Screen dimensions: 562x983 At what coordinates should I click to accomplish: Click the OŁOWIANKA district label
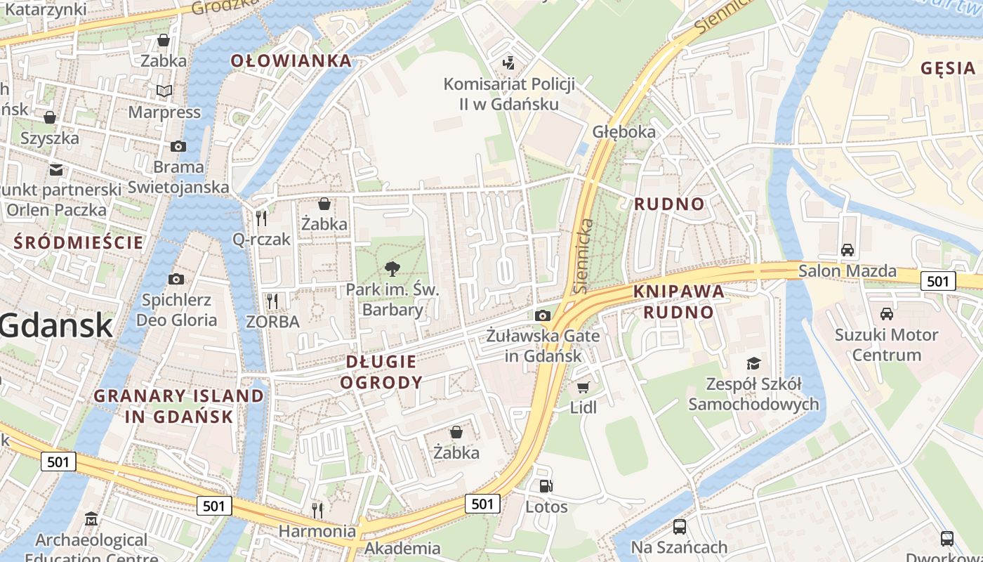click(291, 61)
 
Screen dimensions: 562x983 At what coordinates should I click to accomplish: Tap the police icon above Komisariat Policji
click(508, 63)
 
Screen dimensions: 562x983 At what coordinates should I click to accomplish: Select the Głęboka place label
click(624, 131)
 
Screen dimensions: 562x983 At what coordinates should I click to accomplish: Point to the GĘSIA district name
click(949, 68)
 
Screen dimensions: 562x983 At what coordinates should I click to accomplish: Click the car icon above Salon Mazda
click(847, 250)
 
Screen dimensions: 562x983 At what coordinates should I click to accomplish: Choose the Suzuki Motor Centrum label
click(886, 344)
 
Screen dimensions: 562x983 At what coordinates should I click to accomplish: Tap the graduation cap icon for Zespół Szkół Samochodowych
click(753, 363)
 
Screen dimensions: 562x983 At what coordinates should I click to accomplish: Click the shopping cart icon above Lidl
click(583, 387)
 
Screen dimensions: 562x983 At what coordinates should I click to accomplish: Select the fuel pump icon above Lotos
click(546, 486)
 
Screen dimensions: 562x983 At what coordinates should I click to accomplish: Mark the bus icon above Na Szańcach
click(679, 526)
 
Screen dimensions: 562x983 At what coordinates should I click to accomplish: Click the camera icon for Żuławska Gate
click(542, 315)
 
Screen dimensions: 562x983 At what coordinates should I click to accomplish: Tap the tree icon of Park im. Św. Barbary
click(392, 268)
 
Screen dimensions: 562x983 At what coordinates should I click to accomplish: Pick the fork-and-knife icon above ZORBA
click(272, 301)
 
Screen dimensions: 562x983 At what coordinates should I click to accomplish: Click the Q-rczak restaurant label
click(261, 240)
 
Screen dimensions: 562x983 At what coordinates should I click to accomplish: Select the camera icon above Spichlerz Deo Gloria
click(176, 280)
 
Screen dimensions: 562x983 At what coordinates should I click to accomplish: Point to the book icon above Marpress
click(164, 91)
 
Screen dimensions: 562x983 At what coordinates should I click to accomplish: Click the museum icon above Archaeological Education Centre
click(91, 520)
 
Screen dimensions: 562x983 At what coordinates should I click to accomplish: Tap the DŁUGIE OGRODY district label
click(383, 372)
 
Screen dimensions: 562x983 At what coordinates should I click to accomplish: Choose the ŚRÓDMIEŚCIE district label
click(79, 243)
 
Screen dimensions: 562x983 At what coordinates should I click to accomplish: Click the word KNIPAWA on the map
click(678, 291)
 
